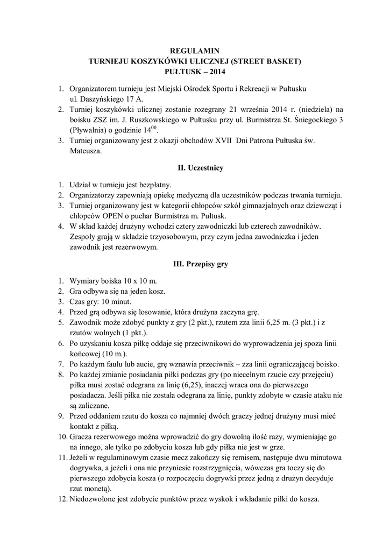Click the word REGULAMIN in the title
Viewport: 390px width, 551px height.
pyautogui.click(x=195, y=51)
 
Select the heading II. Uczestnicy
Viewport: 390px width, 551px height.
pyautogui.click(x=195, y=168)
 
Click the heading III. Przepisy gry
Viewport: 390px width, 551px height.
pyautogui.click(x=195, y=265)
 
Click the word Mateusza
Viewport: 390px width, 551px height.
pyautogui.click(x=85, y=152)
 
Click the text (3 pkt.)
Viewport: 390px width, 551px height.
pyautogui.click(x=305, y=322)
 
